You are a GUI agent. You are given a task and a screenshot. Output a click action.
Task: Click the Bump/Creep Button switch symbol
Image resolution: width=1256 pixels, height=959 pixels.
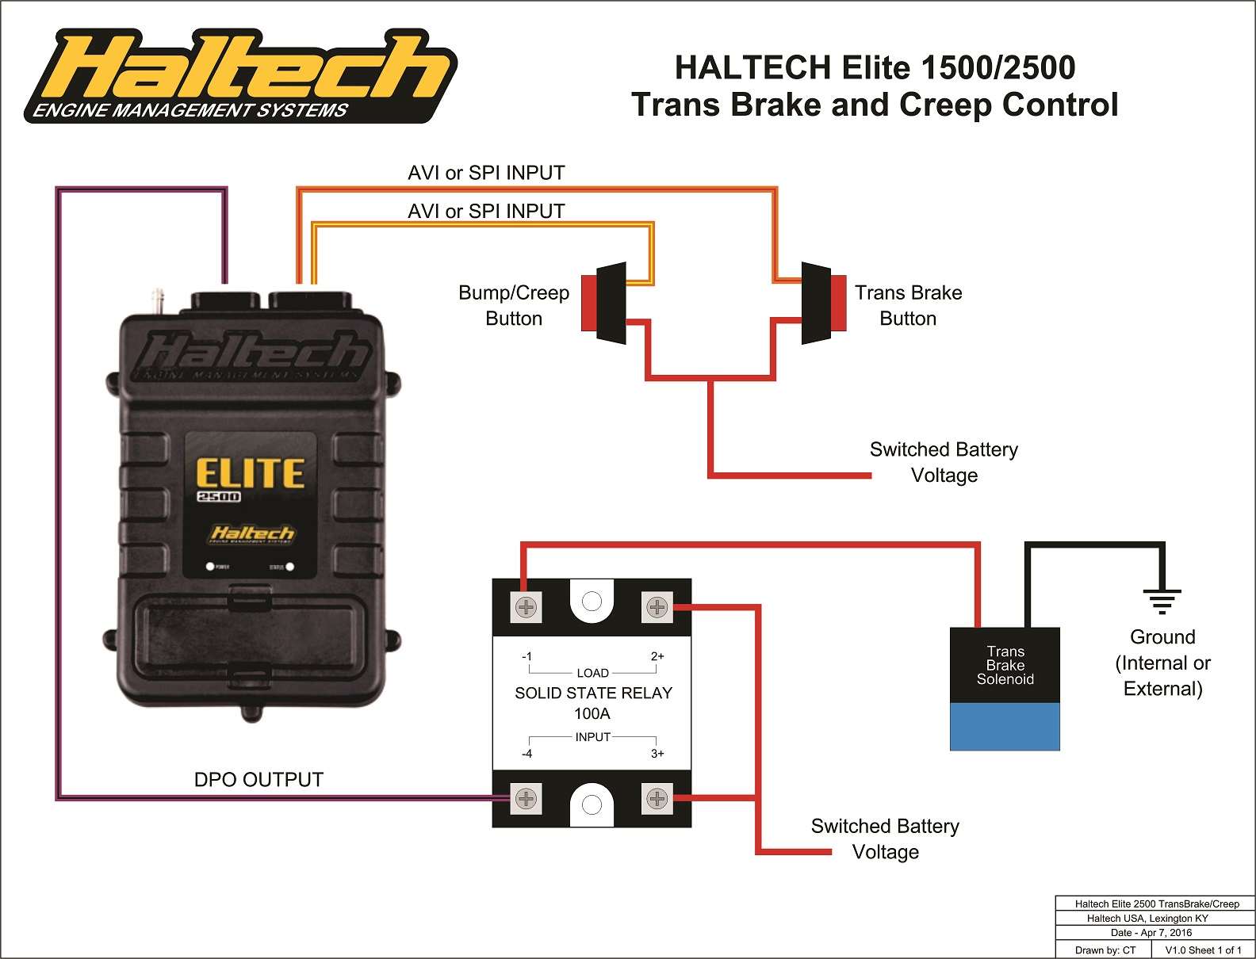[604, 303]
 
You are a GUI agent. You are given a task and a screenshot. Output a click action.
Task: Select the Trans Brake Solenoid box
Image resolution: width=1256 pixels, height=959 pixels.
[1005, 688]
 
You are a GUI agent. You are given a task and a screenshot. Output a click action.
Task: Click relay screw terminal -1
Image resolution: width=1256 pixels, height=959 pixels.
[527, 608]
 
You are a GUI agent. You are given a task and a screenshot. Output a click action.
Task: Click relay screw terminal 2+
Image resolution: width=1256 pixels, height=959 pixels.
[657, 608]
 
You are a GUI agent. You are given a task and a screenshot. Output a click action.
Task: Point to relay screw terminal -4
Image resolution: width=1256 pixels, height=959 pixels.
[527, 799]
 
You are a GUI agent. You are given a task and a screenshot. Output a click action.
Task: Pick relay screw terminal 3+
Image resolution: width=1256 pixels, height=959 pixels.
[657, 799]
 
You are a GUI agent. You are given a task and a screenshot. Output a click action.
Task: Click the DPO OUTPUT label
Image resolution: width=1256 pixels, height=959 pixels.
[258, 780]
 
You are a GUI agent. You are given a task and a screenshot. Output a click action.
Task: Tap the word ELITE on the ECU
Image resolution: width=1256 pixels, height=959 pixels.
[250, 473]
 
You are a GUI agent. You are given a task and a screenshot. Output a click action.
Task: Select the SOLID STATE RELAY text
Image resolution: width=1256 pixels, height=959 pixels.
[593, 693]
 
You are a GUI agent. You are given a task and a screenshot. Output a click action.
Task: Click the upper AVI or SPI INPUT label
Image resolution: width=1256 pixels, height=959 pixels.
[486, 173]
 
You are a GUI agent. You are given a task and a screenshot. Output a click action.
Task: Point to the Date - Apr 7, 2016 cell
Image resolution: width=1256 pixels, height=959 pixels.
[1151, 933]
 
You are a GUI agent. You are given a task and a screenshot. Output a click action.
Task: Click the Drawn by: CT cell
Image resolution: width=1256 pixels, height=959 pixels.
[1105, 949]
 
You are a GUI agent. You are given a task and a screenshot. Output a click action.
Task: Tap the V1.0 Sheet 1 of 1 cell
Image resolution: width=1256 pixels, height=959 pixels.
[1203, 949]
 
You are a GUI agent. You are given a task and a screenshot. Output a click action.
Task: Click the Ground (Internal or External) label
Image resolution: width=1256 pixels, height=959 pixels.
[1162, 663]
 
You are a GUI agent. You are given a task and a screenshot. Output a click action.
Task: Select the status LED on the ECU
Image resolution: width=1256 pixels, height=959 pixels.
[289, 567]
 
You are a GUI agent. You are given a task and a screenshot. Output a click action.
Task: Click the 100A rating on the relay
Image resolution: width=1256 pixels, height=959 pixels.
[592, 713]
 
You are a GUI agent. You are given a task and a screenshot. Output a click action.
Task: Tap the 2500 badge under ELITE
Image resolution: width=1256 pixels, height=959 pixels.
[218, 497]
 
